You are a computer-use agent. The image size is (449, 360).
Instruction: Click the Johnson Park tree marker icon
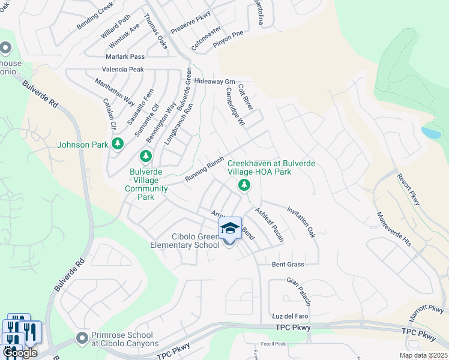(118, 145)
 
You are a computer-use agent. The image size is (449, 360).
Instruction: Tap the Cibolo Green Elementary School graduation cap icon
(229, 229)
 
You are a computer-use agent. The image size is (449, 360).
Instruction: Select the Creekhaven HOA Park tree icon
(244, 185)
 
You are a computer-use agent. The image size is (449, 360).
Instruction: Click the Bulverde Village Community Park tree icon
(145, 157)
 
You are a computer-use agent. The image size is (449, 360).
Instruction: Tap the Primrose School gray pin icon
(82, 339)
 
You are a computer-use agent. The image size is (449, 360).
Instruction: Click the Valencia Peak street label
(125, 70)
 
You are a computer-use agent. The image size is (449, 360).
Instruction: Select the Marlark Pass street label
(125, 56)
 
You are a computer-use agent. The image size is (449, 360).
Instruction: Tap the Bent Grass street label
(288, 264)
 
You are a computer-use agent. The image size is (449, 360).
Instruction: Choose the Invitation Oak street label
(301, 223)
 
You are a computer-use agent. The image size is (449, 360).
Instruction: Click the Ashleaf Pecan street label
(269, 224)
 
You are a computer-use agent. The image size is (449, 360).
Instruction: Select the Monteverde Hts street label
(394, 229)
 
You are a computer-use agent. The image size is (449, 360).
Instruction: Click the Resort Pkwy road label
(408, 190)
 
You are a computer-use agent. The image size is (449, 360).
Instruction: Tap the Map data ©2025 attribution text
(423, 355)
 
